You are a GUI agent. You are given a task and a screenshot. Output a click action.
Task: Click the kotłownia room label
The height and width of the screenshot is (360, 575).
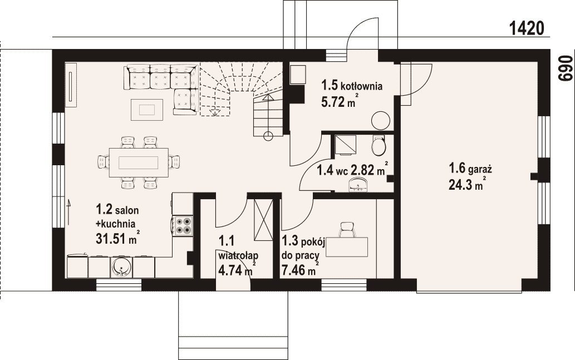(x=362, y=86)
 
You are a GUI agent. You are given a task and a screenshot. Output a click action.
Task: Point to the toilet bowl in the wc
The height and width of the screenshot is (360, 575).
(x=379, y=145)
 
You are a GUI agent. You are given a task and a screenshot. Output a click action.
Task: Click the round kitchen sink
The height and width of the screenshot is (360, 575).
(x=121, y=267)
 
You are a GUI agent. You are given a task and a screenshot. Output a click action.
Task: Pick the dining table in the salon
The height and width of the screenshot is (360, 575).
(x=139, y=162)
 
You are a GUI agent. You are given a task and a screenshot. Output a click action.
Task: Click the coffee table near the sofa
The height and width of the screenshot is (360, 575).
(x=147, y=109)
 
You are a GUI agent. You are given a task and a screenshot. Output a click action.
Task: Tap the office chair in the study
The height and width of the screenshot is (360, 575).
(x=347, y=230)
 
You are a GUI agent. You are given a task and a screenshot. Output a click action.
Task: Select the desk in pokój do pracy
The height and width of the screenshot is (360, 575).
(x=347, y=247)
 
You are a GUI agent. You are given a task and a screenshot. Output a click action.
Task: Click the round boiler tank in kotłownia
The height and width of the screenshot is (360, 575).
(x=380, y=120)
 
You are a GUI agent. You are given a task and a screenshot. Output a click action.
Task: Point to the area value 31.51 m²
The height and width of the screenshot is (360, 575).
(x=117, y=238)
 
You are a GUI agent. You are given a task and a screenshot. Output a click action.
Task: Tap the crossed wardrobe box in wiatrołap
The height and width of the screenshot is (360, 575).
(x=264, y=220)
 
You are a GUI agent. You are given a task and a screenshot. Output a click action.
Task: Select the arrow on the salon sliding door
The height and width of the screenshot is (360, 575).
(x=68, y=212)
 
